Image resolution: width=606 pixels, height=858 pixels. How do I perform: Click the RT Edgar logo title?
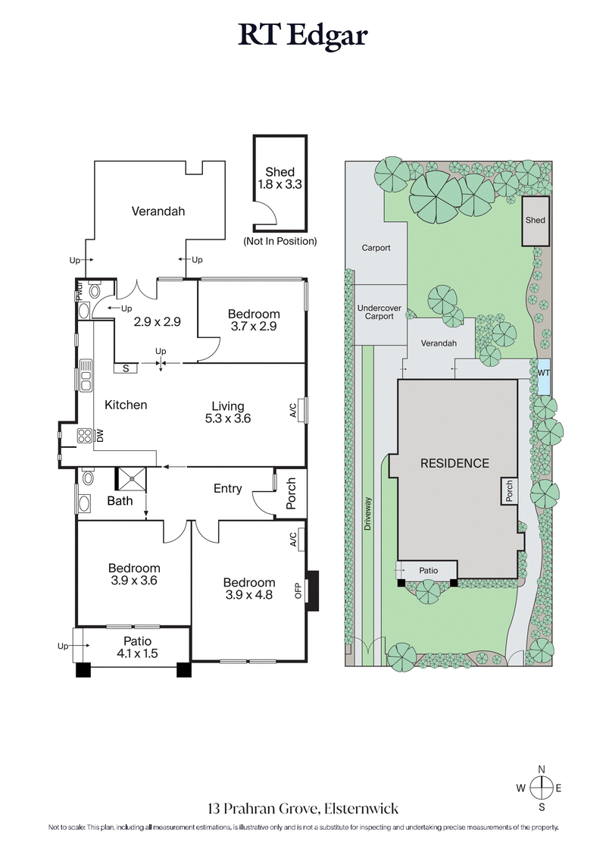(x=303, y=36)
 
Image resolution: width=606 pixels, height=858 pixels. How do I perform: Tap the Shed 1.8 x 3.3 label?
(x=280, y=178)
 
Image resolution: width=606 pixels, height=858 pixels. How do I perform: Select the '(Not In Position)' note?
(x=280, y=241)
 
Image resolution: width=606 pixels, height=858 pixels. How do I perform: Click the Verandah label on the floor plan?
(x=158, y=211)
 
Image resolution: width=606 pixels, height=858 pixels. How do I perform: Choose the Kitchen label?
(x=126, y=405)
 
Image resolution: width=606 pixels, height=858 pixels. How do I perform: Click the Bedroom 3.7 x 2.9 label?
(x=254, y=320)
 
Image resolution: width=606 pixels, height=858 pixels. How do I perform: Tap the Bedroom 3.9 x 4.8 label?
(x=248, y=588)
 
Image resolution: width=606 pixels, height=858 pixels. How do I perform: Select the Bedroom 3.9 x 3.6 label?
(x=133, y=575)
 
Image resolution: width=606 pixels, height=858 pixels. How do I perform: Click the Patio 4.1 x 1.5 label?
(x=133, y=647)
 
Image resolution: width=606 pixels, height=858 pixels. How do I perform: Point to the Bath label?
(x=120, y=500)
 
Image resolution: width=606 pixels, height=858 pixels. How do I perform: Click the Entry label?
(x=227, y=489)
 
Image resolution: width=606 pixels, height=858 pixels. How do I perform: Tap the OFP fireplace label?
(x=298, y=589)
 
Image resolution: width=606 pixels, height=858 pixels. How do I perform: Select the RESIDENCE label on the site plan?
(x=454, y=463)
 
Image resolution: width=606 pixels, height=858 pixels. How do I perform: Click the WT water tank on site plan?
(x=543, y=374)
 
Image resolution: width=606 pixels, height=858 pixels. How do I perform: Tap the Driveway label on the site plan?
(x=369, y=518)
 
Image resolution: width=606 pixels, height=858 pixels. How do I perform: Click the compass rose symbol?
(x=541, y=788)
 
